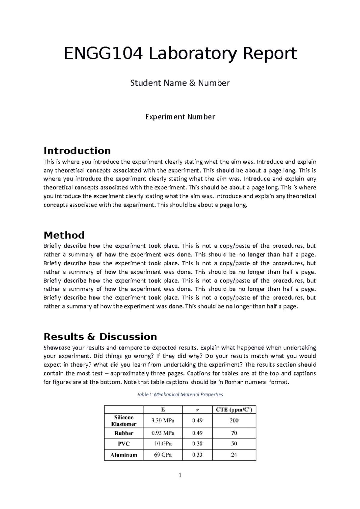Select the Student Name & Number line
coord(180,83)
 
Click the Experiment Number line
coord(180,117)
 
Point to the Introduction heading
coord(77,150)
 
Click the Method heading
coord(64,235)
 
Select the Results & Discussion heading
coord(100,337)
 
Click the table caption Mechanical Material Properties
coord(180,394)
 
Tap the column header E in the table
coord(163,410)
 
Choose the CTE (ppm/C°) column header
coord(234,410)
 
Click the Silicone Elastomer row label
coord(124,421)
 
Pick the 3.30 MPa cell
coord(163,421)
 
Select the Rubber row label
coord(124,433)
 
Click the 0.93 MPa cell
coord(163,433)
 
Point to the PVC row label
coord(124,444)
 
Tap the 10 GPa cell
coord(163,444)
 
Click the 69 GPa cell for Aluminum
coord(163,455)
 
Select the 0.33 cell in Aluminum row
coord(197,455)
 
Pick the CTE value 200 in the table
coord(234,421)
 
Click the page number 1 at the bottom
coord(180,475)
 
